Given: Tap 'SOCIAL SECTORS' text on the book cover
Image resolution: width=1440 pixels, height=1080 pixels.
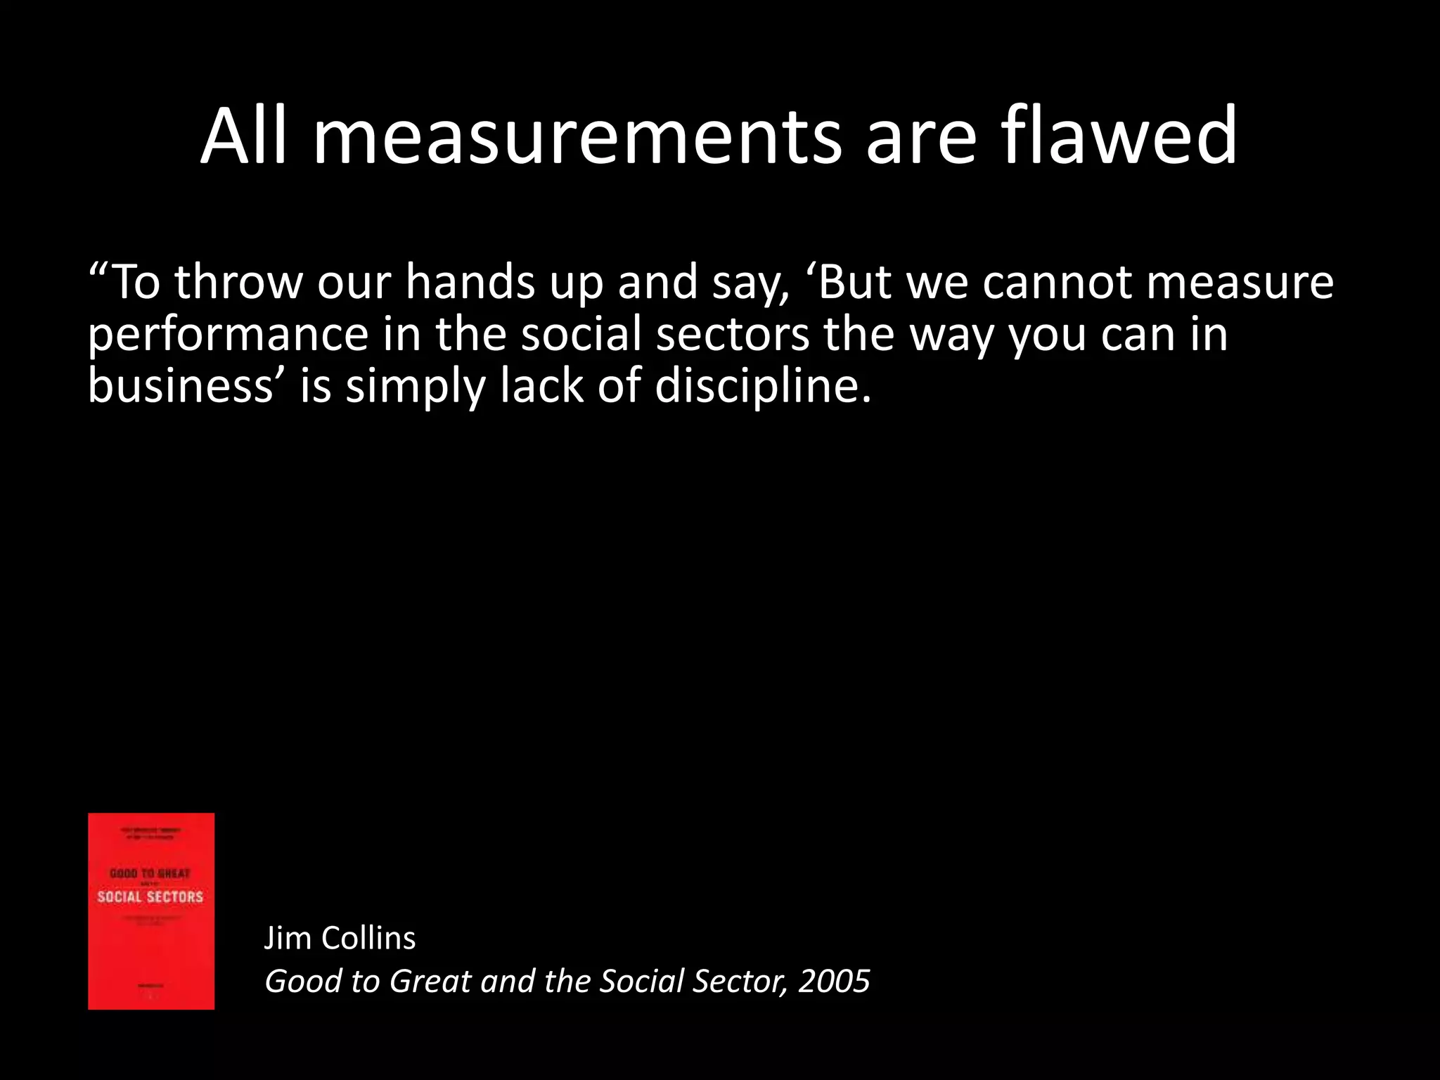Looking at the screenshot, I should tap(150, 896).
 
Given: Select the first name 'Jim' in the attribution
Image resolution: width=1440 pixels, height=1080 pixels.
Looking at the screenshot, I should tap(286, 938).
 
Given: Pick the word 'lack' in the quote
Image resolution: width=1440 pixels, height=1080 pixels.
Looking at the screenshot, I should tap(541, 387).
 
